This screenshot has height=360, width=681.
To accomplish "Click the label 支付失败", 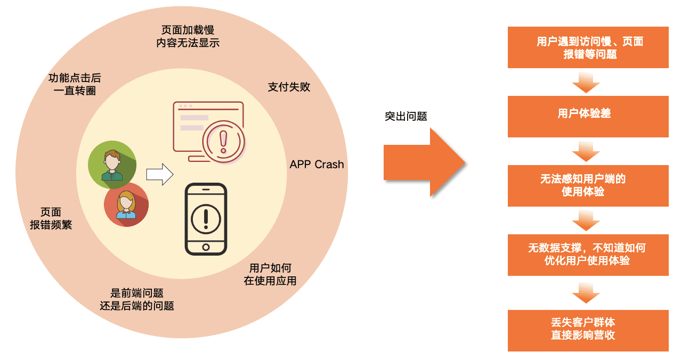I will click(289, 87).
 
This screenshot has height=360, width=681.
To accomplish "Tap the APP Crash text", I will click(317, 165).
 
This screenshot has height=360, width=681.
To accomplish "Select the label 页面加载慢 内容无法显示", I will click(188, 36).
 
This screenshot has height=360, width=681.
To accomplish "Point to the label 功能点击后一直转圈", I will click(75, 84).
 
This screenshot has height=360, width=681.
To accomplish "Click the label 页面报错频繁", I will click(51, 218).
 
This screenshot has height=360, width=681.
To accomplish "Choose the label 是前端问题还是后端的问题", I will click(136, 299).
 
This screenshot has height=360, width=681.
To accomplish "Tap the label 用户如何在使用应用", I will click(270, 274).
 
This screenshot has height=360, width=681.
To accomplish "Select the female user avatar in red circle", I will click(126, 204).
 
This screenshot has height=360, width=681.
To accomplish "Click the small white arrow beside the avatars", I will click(160, 174).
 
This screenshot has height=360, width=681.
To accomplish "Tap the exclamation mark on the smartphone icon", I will click(206, 219).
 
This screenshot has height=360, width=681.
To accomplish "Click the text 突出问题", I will click(406, 116).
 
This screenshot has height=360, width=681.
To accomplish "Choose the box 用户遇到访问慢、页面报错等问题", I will click(588, 47).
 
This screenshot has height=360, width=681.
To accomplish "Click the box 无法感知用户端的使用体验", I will click(588, 185).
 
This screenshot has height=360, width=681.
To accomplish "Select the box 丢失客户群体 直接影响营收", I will click(588, 330).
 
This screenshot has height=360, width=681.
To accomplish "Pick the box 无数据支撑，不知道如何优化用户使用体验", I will click(588, 255).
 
